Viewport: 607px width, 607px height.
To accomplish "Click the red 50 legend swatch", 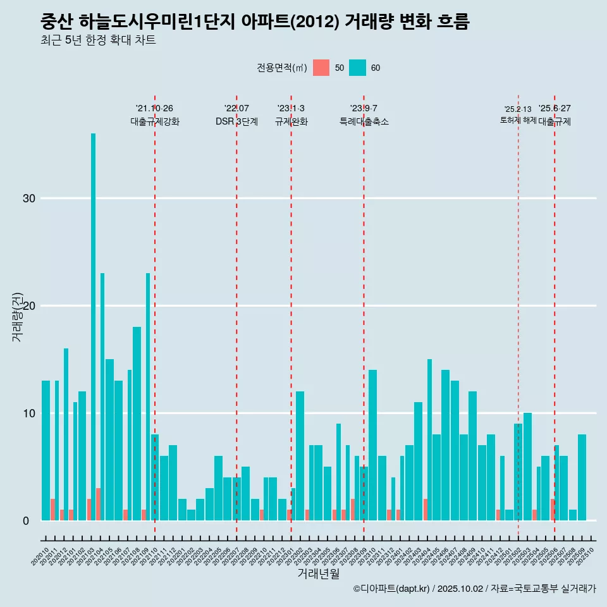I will click(x=321, y=68).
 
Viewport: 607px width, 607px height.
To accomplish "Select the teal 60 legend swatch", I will click(x=358, y=68).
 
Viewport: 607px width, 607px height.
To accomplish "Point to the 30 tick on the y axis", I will click(x=29, y=199).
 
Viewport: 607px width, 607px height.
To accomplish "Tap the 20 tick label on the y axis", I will click(x=29, y=306).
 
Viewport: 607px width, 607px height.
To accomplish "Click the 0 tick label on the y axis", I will click(x=26, y=521).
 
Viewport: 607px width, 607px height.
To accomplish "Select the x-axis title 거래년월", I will click(x=318, y=574).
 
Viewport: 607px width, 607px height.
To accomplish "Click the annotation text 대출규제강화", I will click(x=155, y=122).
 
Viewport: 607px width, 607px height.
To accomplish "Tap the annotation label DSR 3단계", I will click(x=236, y=122).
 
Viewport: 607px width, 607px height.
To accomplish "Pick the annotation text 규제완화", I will click(x=291, y=122).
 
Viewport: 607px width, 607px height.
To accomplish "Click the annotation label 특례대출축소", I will click(x=364, y=122).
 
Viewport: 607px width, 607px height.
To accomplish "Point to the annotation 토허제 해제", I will click(x=518, y=120).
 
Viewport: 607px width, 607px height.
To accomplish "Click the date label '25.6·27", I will click(x=555, y=109).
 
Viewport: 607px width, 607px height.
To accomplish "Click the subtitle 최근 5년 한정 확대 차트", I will click(x=98, y=40).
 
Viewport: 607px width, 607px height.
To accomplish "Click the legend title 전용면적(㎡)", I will click(x=282, y=68).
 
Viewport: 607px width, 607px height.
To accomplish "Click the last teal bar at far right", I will click(x=582, y=477).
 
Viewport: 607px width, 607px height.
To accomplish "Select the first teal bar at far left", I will click(x=46, y=450).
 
